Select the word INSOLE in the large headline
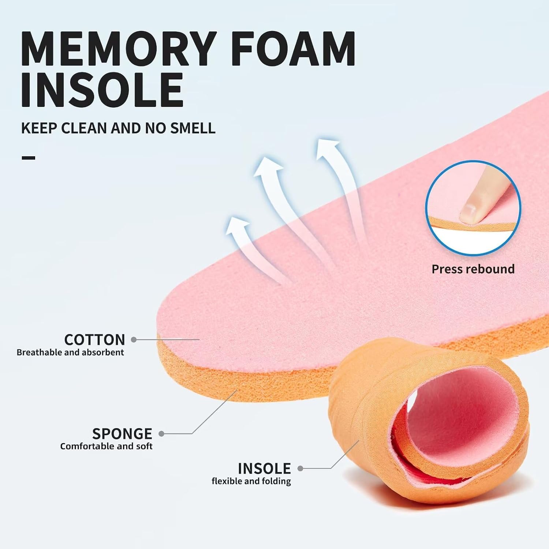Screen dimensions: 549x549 (102, 89)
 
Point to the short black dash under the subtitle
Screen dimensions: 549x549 (28, 158)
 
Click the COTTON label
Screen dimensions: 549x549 (94, 340)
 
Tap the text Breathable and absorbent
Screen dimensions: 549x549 (70, 352)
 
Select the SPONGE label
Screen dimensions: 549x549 (122, 434)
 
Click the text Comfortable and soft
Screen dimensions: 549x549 (106, 446)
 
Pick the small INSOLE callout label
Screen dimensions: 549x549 (264, 468)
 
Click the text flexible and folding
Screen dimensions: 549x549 (251, 481)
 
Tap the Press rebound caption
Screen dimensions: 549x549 (473, 269)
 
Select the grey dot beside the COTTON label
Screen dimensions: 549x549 (134, 340)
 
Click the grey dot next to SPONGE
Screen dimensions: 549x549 (161, 434)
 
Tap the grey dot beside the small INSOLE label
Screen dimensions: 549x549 (300, 468)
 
